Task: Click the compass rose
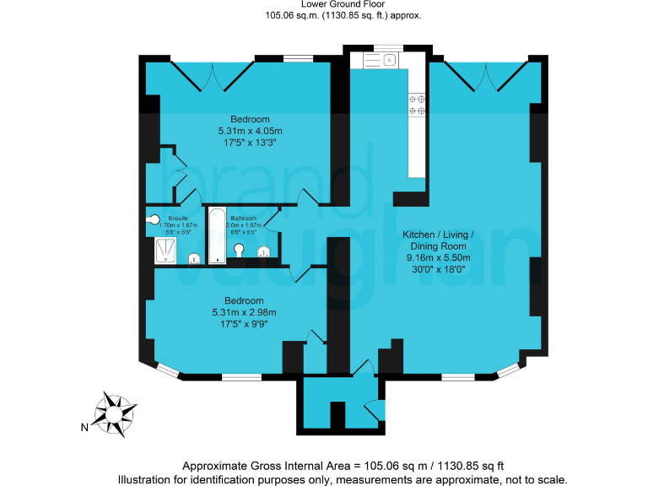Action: point(115,413)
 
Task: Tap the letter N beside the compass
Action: point(84,428)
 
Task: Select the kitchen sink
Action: point(389,60)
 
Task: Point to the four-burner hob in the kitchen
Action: point(416,103)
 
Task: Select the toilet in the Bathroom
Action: point(263,251)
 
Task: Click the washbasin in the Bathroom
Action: point(240,251)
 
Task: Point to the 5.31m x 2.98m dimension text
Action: point(244,313)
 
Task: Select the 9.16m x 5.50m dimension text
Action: point(437,258)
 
